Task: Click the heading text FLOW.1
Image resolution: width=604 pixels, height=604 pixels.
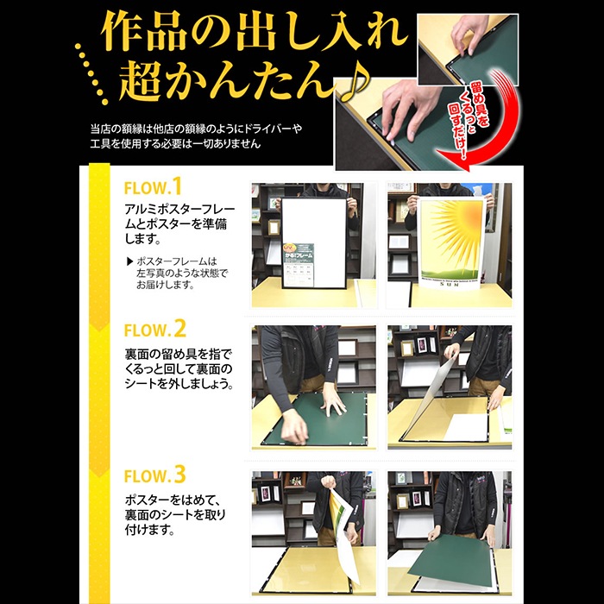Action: click(x=154, y=187)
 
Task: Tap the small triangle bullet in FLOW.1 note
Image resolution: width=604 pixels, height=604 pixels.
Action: click(x=129, y=261)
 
